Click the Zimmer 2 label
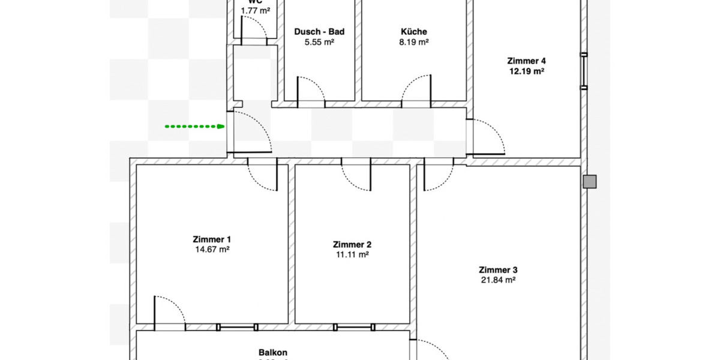(x=352, y=244)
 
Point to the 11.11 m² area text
(x=352, y=254)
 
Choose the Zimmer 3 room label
(x=498, y=269)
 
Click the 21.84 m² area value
(x=498, y=280)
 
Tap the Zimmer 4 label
(x=526, y=61)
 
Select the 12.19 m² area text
(x=526, y=71)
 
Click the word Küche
(x=415, y=32)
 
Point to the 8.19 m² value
(x=415, y=42)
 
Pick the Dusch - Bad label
(x=319, y=32)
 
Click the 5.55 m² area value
(x=319, y=42)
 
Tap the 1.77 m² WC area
(x=255, y=10)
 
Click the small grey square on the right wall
(x=590, y=182)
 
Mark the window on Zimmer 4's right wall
(x=584, y=70)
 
